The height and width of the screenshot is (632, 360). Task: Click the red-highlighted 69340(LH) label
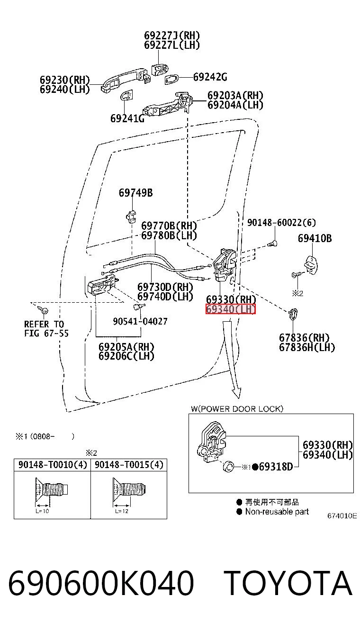pyautogui.click(x=231, y=309)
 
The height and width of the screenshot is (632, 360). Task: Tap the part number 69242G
pyautogui.click(x=210, y=77)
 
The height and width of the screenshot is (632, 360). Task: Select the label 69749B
pyautogui.click(x=135, y=193)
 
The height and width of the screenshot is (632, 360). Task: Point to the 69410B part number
pyautogui.click(x=315, y=238)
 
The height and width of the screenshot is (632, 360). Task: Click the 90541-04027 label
pyautogui.click(x=140, y=321)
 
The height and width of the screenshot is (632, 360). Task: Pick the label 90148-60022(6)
pyautogui.click(x=281, y=223)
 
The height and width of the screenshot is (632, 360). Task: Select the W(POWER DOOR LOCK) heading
pyautogui.click(x=237, y=409)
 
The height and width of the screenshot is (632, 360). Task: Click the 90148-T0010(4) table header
pyautogui.click(x=53, y=465)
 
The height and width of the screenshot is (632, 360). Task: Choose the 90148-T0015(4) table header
pyautogui.click(x=129, y=465)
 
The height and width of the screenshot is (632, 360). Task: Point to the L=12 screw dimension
pyautogui.click(x=122, y=511)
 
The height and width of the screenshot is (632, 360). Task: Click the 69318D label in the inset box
pyautogui.click(x=276, y=467)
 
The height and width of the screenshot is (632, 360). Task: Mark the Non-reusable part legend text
pyautogui.click(x=277, y=512)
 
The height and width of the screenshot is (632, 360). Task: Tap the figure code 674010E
pyautogui.click(x=342, y=516)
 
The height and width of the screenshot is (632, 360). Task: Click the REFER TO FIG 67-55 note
pyautogui.click(x=46, y=329)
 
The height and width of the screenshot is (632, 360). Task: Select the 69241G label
pyautogui.click(x=127, y=118)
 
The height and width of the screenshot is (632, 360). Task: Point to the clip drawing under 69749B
pyautogui.click(x=131, y=216)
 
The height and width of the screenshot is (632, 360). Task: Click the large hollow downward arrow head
pyautogui.click(x=236, y=393)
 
